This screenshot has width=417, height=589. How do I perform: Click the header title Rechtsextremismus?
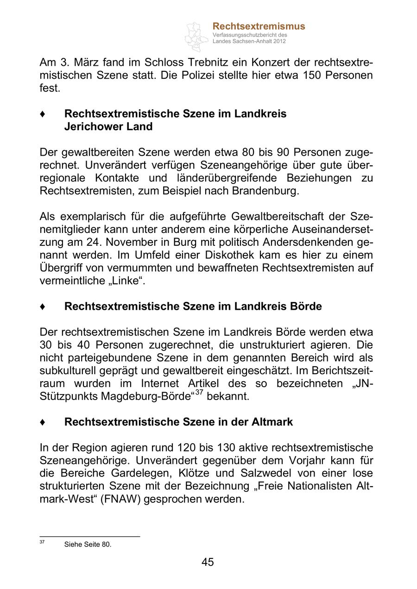pos(259,26)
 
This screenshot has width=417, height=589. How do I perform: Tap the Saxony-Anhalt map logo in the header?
pos(196,36)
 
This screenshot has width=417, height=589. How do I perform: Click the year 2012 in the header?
pos(279,41)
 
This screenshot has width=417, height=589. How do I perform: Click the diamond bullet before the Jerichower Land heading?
pos(43,114)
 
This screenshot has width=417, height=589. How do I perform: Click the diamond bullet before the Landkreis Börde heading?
pos(43,307)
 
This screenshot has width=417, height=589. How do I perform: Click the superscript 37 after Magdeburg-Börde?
pos(198,393)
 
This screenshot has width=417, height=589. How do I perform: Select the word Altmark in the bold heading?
pos(272,422)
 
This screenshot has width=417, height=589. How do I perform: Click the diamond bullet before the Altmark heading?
pos(43,422)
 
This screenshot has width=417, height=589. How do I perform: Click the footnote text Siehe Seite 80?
pos(88,545)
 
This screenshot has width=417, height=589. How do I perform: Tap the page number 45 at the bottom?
pos(208,562)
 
